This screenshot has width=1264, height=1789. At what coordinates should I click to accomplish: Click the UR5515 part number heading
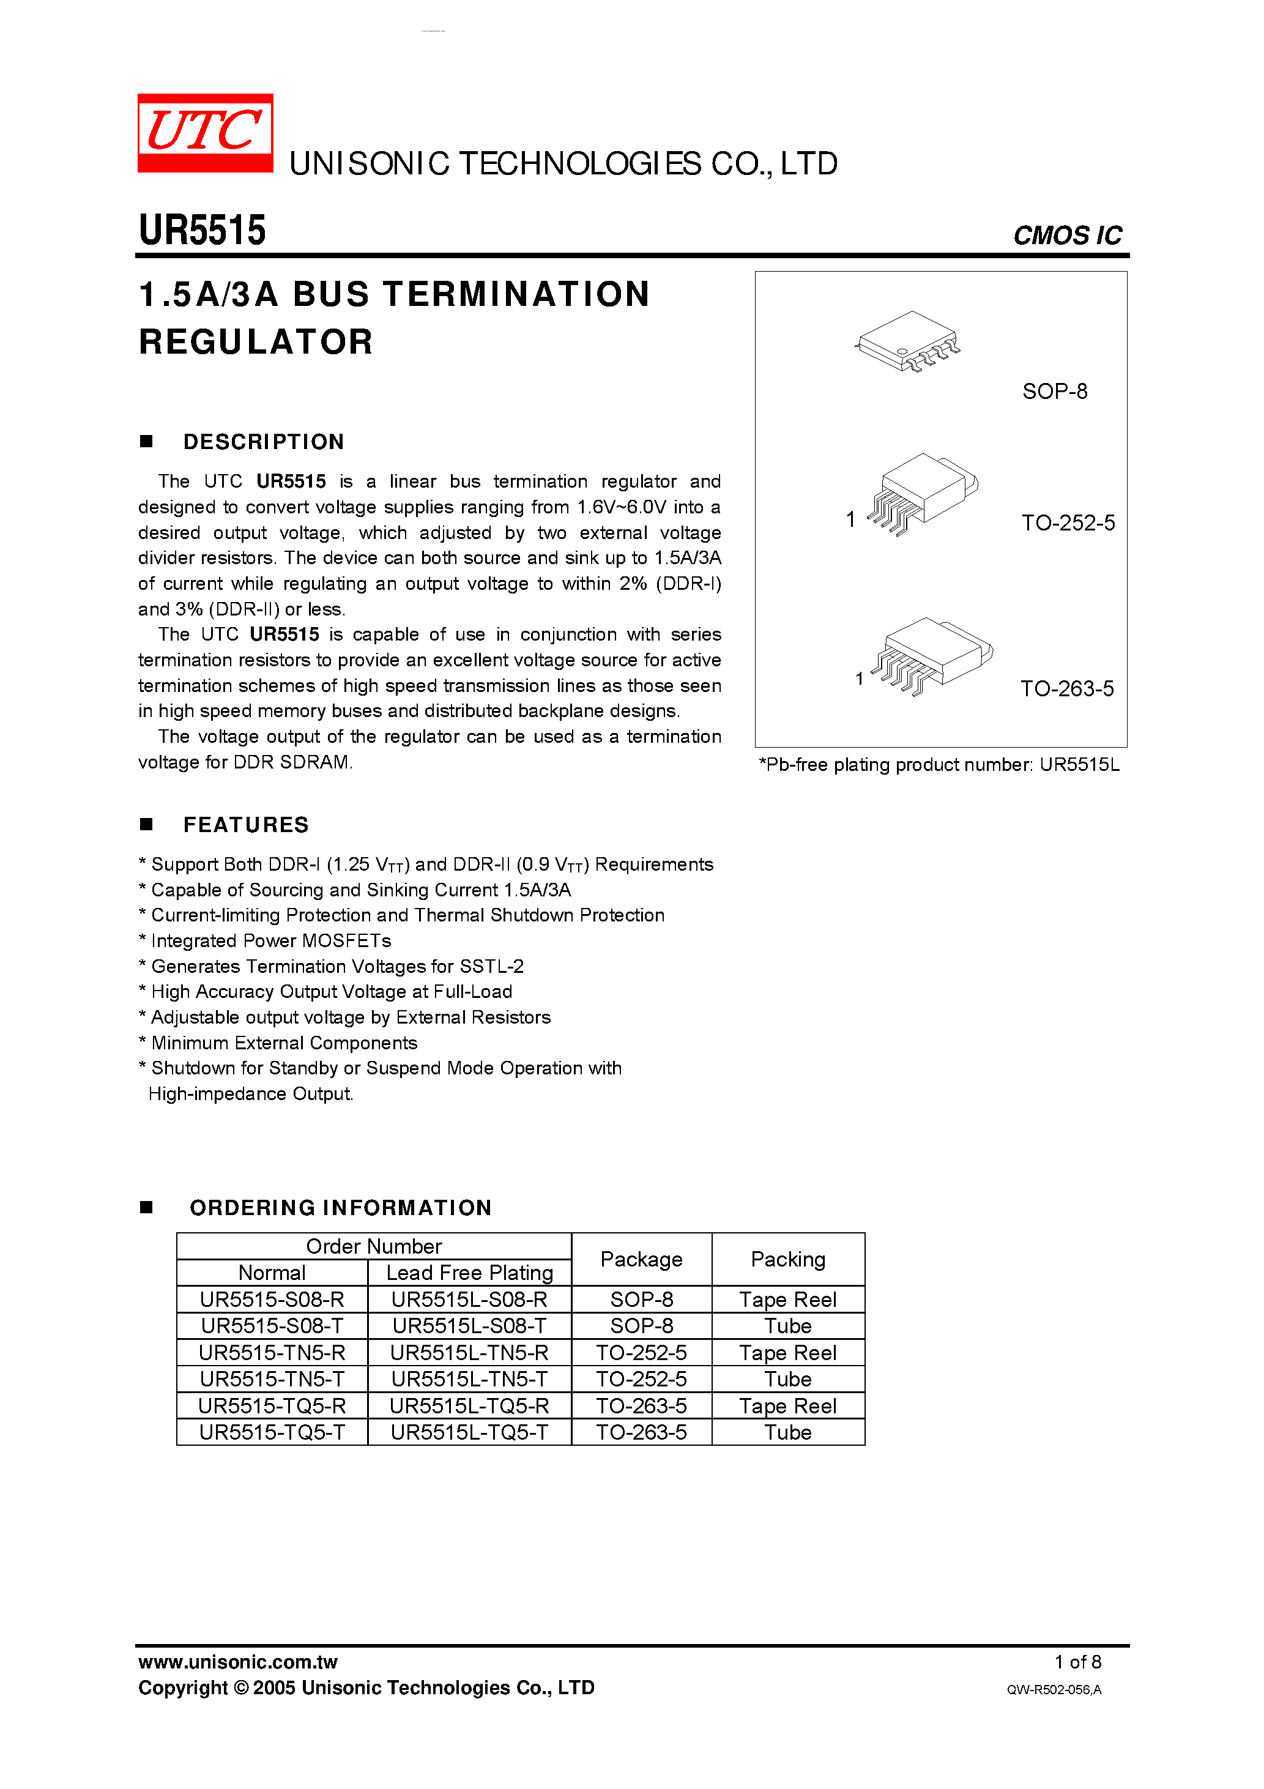(x=202, y=231)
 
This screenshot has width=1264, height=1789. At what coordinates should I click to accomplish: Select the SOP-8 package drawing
(x=908, y=341)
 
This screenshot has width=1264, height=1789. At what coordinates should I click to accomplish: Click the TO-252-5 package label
(x=1068, y=523)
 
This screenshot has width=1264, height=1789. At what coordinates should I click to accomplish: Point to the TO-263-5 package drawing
(x=931, y=655)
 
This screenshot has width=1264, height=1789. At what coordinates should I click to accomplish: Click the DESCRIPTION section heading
(x=264, y=442)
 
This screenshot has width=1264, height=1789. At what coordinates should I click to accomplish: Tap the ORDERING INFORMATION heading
(x=341, y=1208)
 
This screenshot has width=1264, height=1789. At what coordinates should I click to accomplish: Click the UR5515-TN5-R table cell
(x=272, y=1353)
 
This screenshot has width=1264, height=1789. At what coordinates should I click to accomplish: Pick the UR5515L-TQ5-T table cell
(x=469, y=1432)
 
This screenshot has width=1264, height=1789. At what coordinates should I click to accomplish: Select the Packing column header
(x=788, y=1259)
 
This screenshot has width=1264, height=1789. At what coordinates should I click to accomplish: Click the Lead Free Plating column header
(x=469, y=1273)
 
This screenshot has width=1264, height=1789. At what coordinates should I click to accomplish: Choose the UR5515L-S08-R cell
(x=469, y=1300)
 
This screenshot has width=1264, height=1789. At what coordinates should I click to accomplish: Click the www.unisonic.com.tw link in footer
(x=237, y=1662)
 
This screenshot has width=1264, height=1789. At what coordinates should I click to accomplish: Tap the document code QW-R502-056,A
(x=1054, y=1689)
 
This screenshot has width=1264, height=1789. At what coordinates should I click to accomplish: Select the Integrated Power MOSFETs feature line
(x=270, y=940)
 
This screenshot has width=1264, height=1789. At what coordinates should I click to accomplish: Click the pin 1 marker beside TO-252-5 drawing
(x=850, y=519)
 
